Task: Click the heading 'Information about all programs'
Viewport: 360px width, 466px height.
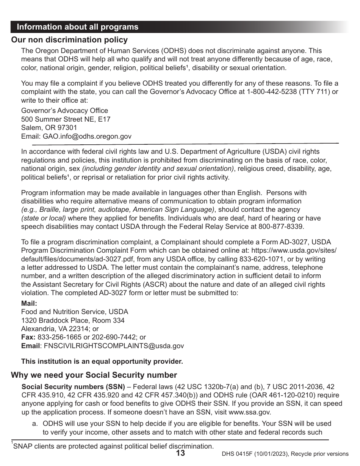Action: click(x=78, y=27)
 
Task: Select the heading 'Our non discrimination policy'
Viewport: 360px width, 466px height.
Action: click(x=69, y=40)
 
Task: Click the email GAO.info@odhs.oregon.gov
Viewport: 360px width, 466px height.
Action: click(x=76, y=136)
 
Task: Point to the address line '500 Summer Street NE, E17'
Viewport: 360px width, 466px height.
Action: click(x=66, y=119)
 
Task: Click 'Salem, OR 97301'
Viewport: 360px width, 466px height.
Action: click(x=49, y=128)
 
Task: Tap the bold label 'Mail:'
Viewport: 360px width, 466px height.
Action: click(x=29, y=303)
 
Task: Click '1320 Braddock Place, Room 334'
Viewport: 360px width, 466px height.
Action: click(x=73, y=321)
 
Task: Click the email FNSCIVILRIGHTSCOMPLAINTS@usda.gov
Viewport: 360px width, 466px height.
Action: click(x=114, y=346)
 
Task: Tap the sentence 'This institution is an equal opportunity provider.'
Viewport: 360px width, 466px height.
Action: click(x=102, y=361)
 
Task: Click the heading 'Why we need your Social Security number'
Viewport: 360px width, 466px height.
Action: click(x=94, y=375)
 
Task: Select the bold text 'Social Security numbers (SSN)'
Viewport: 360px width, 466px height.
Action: click(x=73, y=387)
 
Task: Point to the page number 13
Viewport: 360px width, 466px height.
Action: click(x=180, y=453)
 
